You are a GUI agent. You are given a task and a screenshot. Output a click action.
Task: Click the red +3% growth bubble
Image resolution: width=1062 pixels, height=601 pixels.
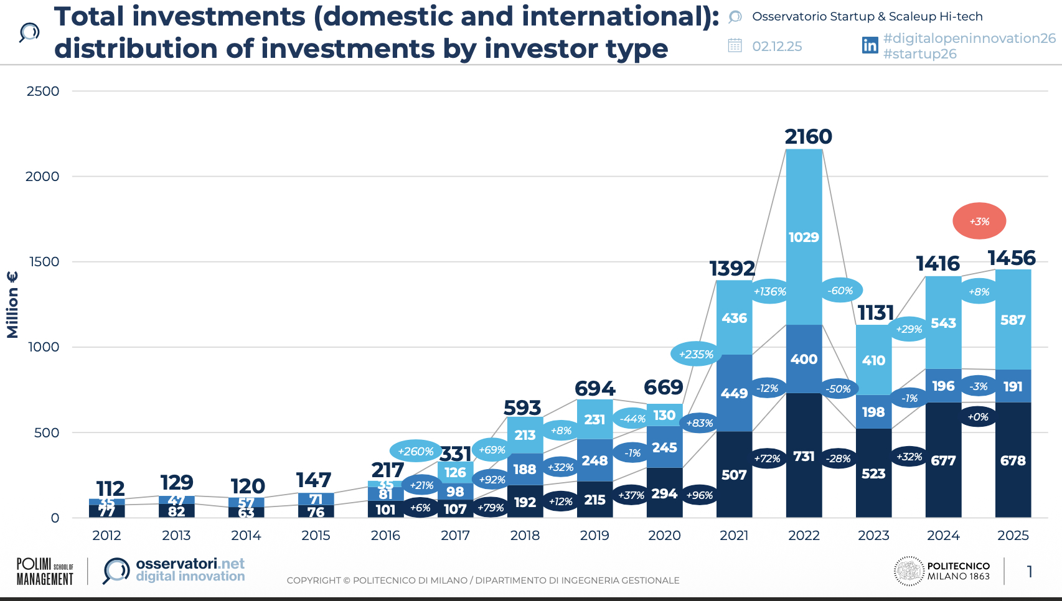[x=979, y=221]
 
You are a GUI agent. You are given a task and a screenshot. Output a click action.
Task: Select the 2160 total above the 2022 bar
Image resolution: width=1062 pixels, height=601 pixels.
[x=808, y=136]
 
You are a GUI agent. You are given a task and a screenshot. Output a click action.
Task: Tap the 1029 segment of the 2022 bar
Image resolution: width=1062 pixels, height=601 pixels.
[x=804, y=237]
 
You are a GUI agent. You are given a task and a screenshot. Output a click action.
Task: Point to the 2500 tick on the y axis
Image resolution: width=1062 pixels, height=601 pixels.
[x=43, y=91]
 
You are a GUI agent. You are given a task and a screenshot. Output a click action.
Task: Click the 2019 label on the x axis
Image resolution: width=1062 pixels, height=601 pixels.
[x=594, y=535]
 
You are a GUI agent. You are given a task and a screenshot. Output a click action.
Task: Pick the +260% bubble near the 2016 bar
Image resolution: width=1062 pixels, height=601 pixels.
[x=415, y=451]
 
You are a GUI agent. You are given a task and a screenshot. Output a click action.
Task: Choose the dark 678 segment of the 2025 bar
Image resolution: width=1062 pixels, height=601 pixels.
[x=1013, y=460]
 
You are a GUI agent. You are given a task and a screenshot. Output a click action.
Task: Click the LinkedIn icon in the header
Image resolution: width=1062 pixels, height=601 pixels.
[x=870, y=45]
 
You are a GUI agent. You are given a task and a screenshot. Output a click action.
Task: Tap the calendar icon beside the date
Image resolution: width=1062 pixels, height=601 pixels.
[x=735, y=45]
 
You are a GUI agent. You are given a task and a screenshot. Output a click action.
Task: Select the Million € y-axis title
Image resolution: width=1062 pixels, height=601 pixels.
[x=12, y=305]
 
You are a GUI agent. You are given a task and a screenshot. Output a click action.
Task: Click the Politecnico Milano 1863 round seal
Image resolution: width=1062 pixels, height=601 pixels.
[x=909, y=571]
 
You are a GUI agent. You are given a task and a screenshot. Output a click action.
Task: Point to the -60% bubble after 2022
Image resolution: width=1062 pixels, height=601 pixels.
[x=840, y=291]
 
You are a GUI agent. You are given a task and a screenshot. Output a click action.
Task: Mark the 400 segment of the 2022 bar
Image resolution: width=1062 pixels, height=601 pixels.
[x=804, y=359]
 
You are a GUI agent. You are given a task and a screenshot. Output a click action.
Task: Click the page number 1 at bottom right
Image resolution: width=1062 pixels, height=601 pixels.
[x=1030, y=571]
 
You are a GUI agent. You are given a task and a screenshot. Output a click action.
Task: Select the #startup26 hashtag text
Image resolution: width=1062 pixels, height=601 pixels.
[x=919, y=54]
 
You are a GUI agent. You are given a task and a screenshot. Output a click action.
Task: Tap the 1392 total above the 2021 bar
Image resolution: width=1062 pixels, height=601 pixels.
[x=732, y=268]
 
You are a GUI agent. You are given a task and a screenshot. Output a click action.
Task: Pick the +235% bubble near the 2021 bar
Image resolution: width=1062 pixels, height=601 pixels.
[x=696, y=354]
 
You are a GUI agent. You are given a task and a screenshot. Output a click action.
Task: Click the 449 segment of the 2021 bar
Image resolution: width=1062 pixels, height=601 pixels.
[x=734, y=393]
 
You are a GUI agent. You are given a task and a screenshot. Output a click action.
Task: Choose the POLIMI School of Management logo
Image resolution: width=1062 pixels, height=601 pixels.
[x=45, y=571]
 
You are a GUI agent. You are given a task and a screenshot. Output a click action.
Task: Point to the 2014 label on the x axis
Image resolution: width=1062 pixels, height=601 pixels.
[x=246, y=535]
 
